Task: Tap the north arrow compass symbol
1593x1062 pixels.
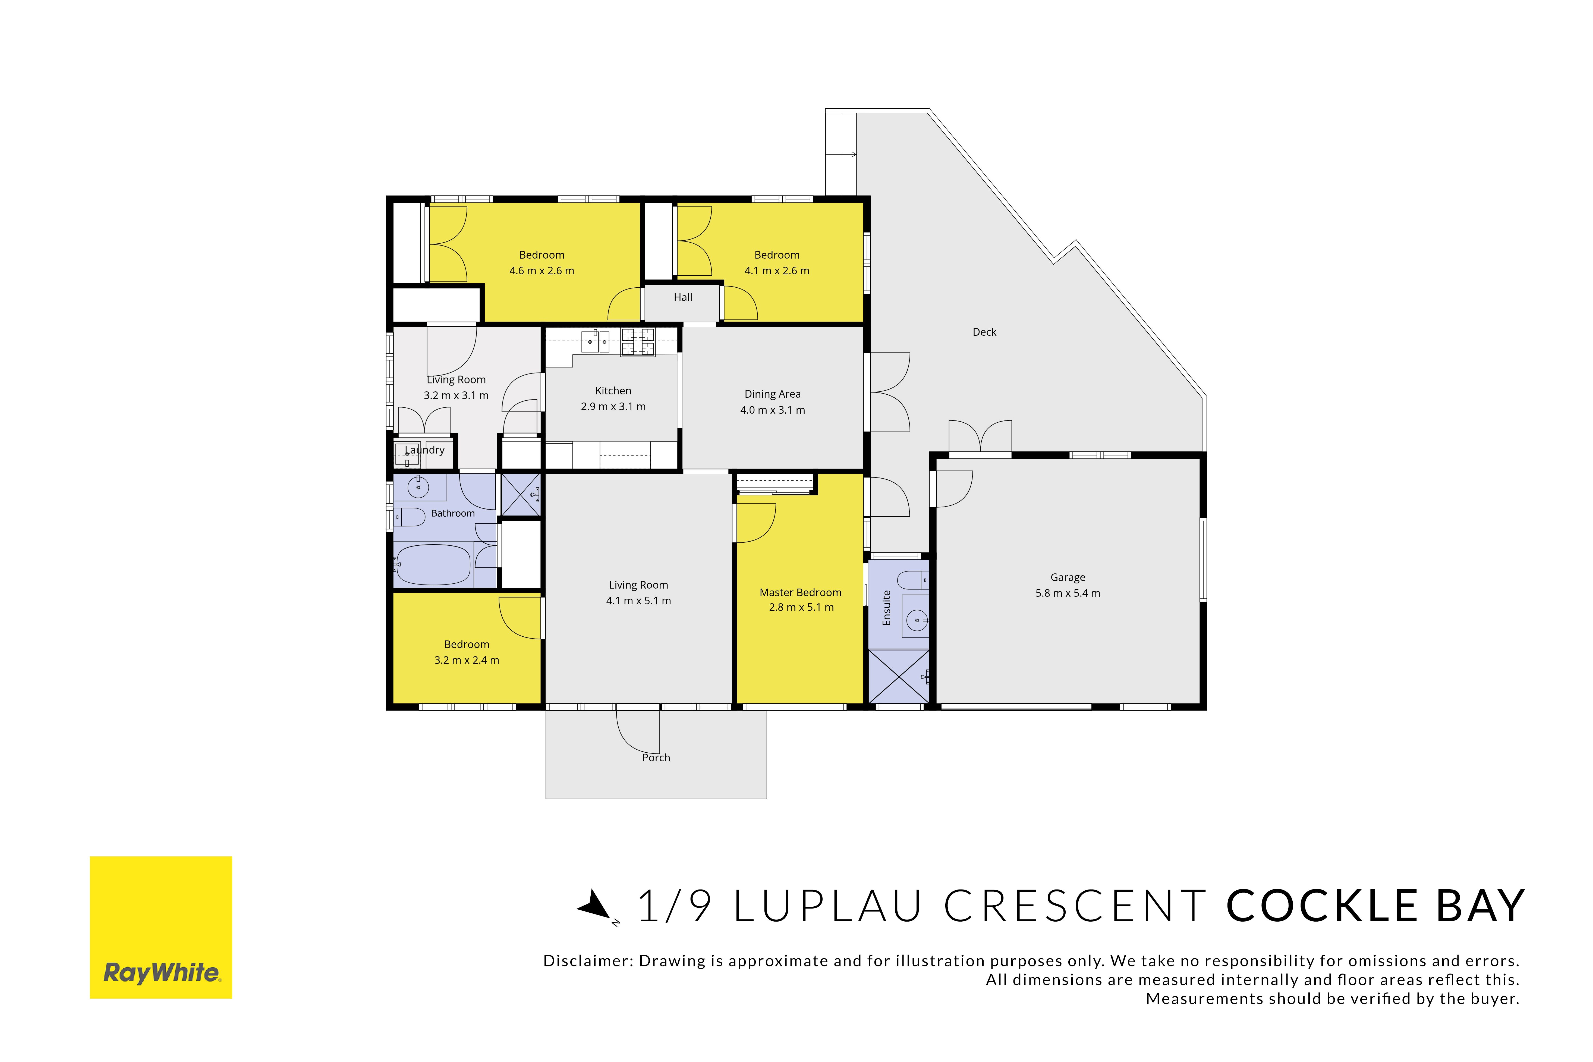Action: coord(596,906)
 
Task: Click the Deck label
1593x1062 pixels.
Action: coord(984,332)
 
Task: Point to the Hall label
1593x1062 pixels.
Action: coord(682,297)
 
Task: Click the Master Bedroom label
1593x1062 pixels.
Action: coord(800,593)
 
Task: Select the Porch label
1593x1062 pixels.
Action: coord(656,758)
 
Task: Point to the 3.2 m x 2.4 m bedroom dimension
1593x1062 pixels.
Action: coord(467,660)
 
